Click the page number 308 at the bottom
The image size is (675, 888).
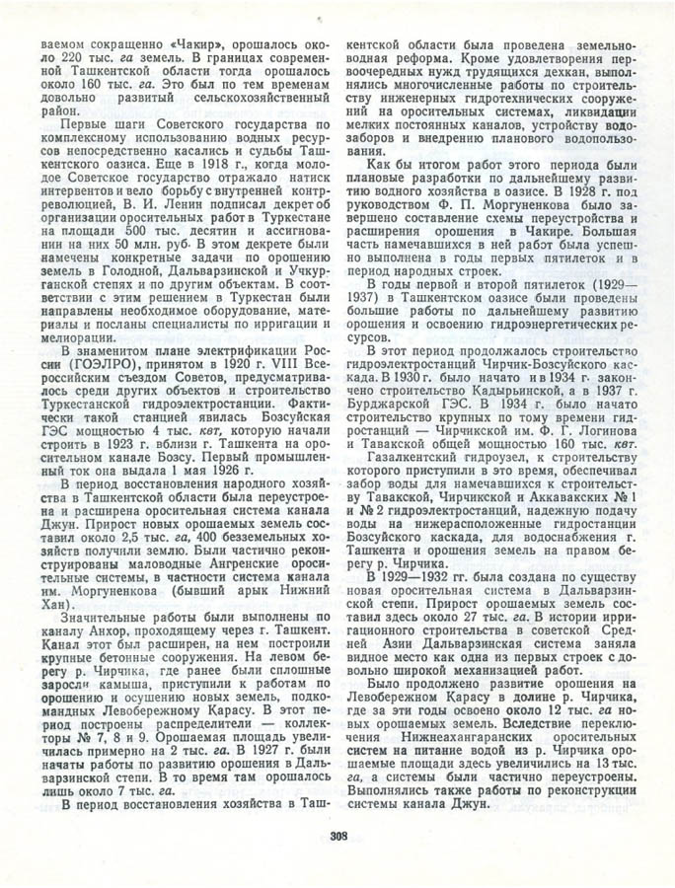[337, 839]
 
